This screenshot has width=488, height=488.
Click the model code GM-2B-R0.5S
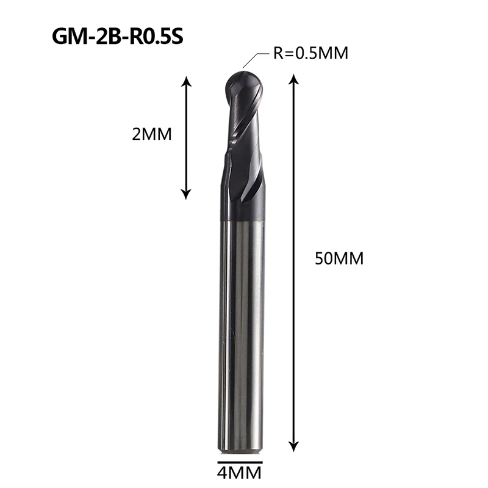coord(117,37)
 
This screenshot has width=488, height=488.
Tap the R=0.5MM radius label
coord(310,53)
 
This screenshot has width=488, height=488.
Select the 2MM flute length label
coord(152,134)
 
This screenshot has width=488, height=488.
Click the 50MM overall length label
coord(339,258)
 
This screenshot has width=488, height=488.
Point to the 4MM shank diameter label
coord(239,473)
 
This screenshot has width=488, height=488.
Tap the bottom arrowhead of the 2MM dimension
coord(186,194)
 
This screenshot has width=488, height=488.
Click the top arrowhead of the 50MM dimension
coord(294,79)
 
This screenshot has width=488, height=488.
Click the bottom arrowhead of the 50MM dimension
coord(294,447)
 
